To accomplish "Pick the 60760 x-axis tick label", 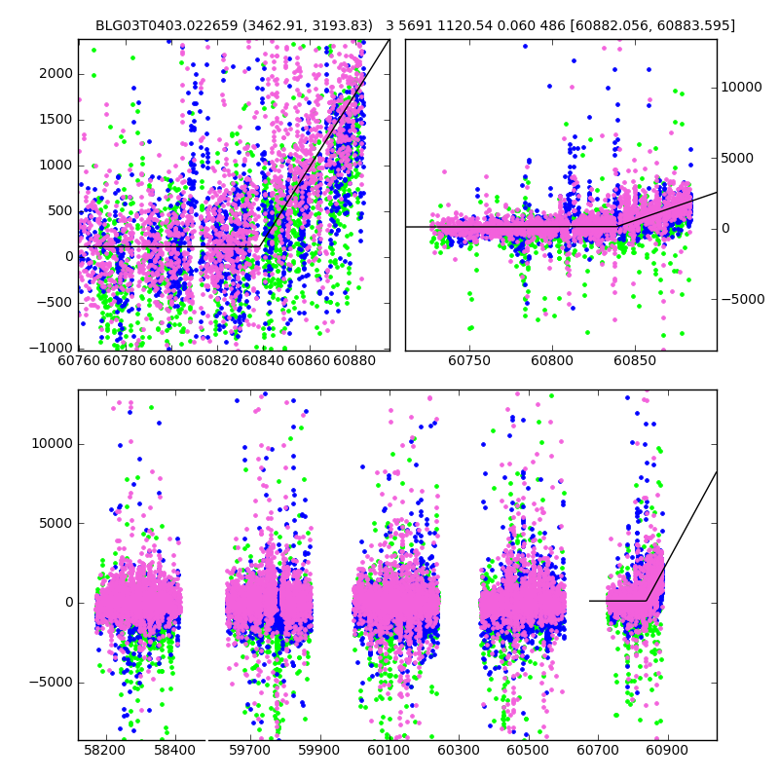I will point(80,361).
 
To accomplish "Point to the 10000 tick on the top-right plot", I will point(741,88).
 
